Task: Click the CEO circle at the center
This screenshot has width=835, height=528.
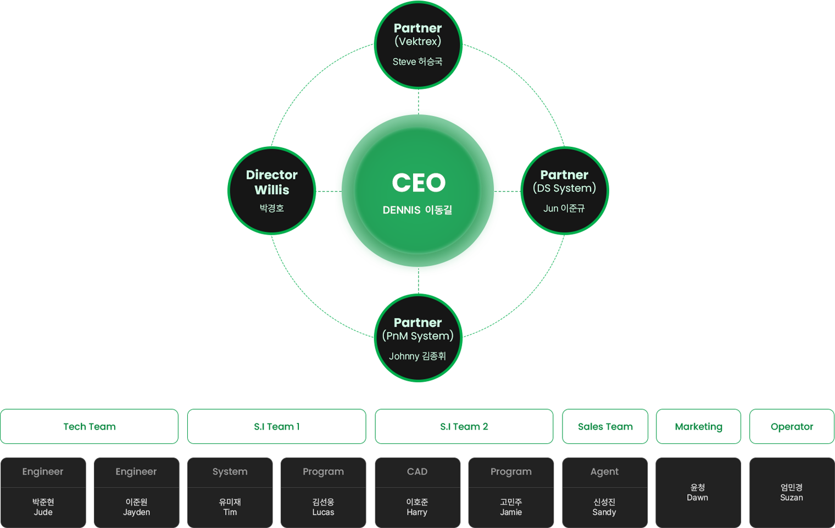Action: click(x=417, y=190)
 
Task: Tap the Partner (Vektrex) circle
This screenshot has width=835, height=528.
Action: click(x=418, y=45)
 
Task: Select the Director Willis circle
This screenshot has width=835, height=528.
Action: click(x=272, y=190)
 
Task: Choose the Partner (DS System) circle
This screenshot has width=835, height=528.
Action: click(x=564, y=190)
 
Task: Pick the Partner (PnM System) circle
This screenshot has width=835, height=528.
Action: click(x=418, y=338)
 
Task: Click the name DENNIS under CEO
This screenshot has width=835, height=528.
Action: click(x=402, y=210)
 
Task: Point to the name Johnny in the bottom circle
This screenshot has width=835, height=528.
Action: click(x=404, y=356)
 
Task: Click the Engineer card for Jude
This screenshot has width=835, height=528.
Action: click(x=43, y=492)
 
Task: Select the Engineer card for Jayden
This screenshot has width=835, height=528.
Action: click(x=136, y=492)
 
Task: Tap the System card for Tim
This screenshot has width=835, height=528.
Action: click(x=230, y=492)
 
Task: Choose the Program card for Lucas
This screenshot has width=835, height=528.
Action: click(x=323, y=492)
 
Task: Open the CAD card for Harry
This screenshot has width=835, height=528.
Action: click(x=417, y=492)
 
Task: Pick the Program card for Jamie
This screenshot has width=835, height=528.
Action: click(x=511, y=492)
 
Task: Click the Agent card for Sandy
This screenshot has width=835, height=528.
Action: click(x=604, y=492)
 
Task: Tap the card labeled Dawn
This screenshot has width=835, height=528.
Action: click(x=698, y=492)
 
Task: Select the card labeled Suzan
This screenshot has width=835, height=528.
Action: click(x=792, y=492)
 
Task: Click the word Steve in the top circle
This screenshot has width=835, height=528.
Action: click(x=404, y=62)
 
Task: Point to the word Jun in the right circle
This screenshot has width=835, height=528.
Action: click(x=550, y=208)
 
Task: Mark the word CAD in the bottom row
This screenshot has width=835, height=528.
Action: click(x=417, y=471)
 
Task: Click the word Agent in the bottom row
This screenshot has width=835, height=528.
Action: click(x=604, y=471)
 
